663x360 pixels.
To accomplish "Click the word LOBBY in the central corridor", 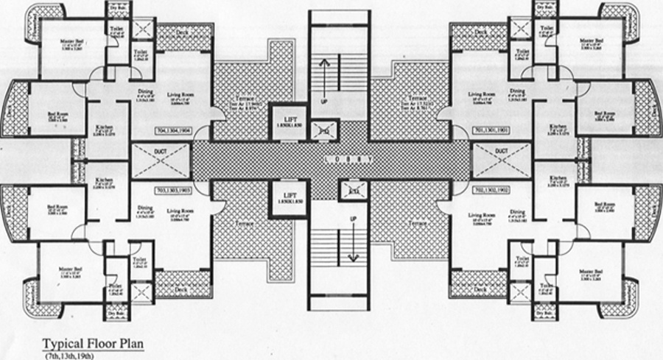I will pos(343,160).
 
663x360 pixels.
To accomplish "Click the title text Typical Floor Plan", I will pos(93,344).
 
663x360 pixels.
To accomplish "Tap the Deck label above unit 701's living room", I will pos(480,32).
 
